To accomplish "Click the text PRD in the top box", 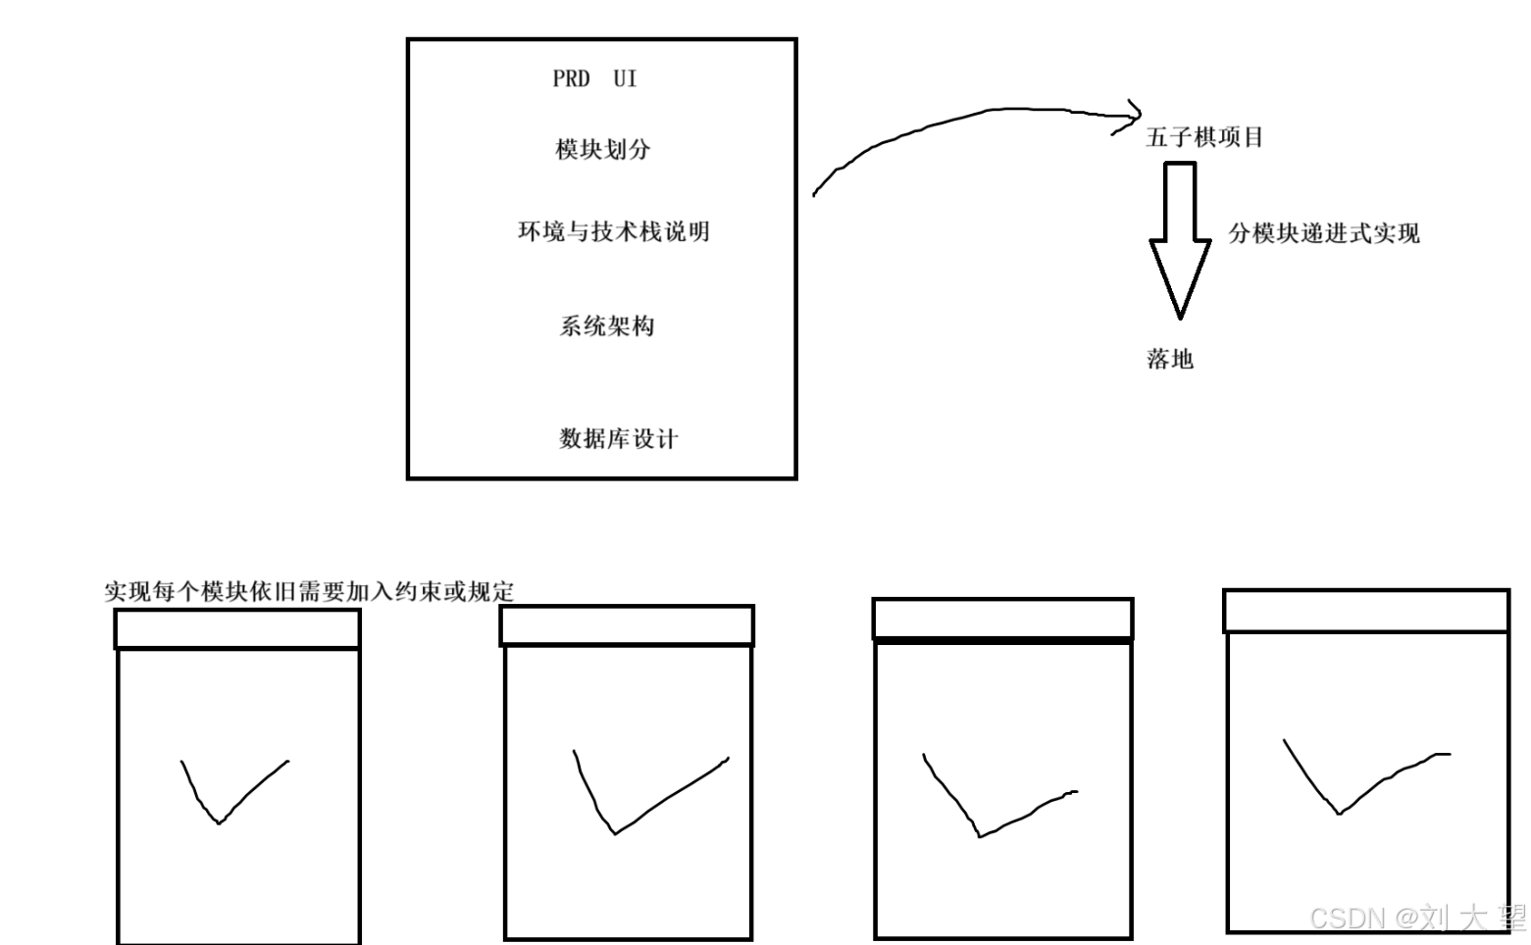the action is pyautogui.click(x=571, y=79).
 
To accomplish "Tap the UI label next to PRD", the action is pyautogui.click(x=625, y=79).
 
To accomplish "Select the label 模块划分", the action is pyautogui.click(x=602, y=150).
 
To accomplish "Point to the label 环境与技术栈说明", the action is pyautogui.click(x=613, y=232).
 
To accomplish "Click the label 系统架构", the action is pyautogui.click(x=606, y=326).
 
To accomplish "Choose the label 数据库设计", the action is pyautogui.click(x=618, y=439).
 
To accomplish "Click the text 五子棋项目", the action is pyautogui.click(x=1204, y=137).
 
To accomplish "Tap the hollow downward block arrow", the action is pyautogui.click(x=1180, y=235).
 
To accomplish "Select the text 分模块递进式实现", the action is pyautogui.click(x=1324, y=233).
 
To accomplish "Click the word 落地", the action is pyautogui.click(x=1170, y=359).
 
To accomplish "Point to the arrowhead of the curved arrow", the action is pyautogui.click(x=1133, y=115).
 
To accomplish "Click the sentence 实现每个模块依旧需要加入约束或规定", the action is pyautogui.click(x=309, y=592).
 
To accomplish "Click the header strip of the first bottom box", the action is pyautogui.click(x=237, y=629).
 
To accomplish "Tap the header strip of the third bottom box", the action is pyautogui.click(x=1002, y=620).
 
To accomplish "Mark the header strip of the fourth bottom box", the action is pyautogui.click(x=1366, y=612).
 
